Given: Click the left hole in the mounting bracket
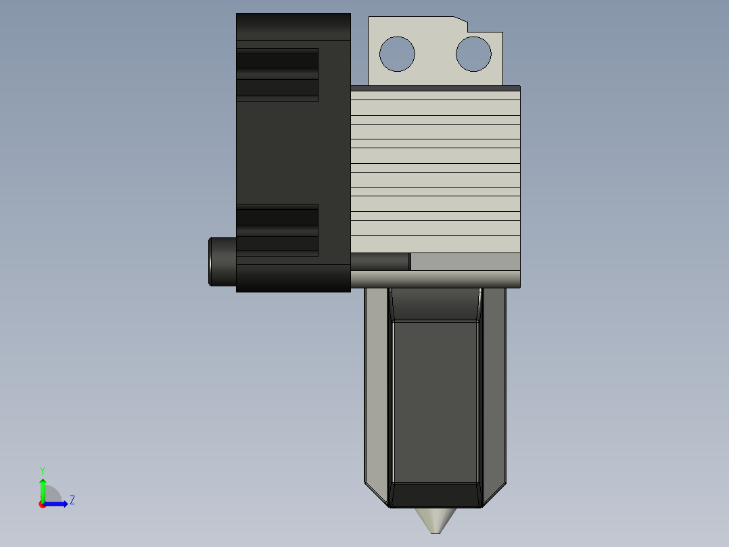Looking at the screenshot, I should pos(397,53).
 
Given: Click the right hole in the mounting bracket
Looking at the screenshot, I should pos(473,53).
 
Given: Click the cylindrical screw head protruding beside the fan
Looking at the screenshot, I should pos(222,261).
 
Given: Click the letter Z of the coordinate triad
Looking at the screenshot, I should pos(72,500).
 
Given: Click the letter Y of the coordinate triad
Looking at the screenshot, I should pos(42,470).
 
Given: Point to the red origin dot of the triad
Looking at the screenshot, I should pos(43,504).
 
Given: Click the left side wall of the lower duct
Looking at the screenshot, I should pos(376,386).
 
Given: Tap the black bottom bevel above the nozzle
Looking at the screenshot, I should pos(436,496).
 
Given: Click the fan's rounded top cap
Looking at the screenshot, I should pos(293,26).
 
